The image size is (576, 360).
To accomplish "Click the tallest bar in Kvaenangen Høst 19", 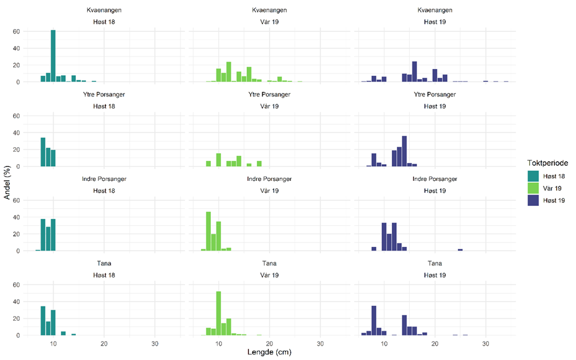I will click(414, 72).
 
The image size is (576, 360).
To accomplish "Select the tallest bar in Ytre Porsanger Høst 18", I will click(43, 152).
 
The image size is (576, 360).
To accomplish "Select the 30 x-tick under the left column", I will click(155, 343).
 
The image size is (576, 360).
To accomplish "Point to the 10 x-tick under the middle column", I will click(219, 343).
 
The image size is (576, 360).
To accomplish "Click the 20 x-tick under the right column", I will click(435, 343).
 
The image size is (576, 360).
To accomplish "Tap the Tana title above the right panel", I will click(435, 264).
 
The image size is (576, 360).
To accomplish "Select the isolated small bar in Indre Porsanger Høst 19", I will click(460, 249).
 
